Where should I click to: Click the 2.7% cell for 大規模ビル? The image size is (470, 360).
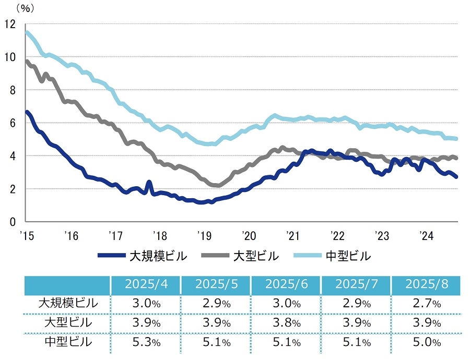tap(426, 303)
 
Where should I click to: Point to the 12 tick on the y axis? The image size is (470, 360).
tap(10, 24)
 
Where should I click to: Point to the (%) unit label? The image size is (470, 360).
tap(24, 8)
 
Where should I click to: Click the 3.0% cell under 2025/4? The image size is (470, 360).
tap(146, 303)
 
